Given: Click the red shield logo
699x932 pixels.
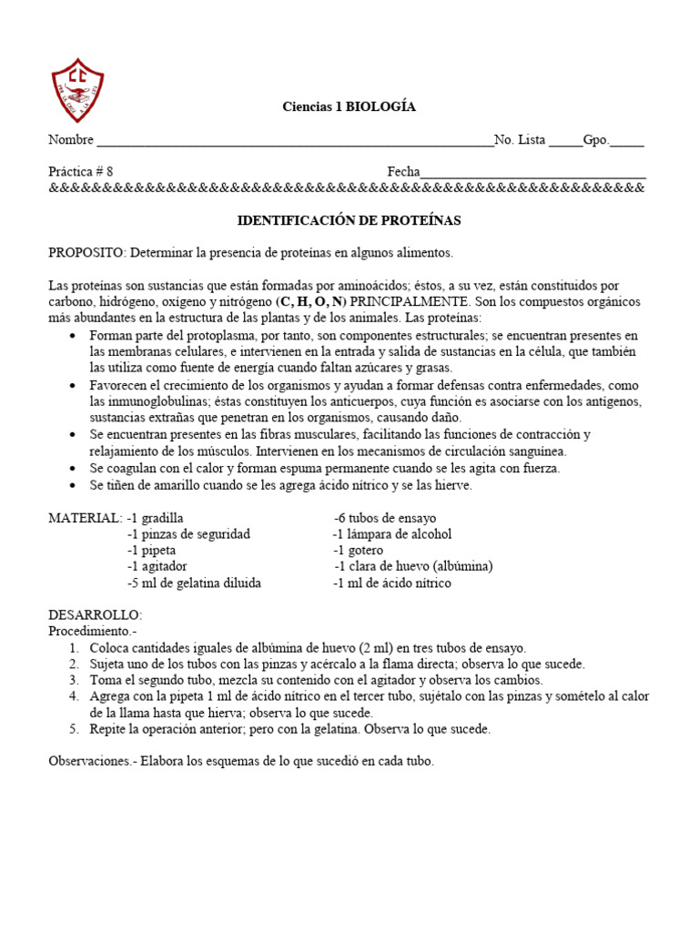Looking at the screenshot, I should click(77, 89).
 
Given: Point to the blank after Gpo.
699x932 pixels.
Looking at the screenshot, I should click(627, 142).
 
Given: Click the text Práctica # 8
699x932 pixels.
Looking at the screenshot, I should click(81, 171).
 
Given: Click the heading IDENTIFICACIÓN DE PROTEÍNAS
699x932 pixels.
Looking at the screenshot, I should click(349, 221).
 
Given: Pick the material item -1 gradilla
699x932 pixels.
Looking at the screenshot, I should click(156, 518).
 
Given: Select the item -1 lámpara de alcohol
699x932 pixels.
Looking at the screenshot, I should click(392, 534).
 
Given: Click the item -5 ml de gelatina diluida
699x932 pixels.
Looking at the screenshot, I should click(194, 583).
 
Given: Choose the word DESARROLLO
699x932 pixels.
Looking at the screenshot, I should click(95, 615).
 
